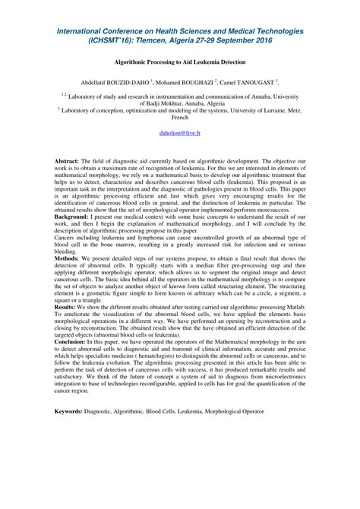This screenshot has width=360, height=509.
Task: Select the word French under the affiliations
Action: point(180,118)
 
